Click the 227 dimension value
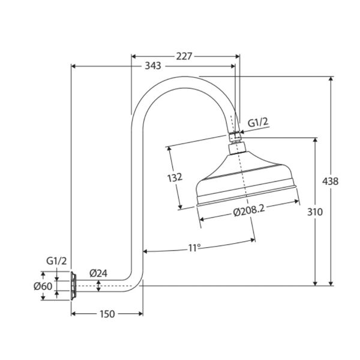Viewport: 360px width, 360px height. tap(184, 56)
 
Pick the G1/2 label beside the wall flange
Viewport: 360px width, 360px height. tap(56, 261)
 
